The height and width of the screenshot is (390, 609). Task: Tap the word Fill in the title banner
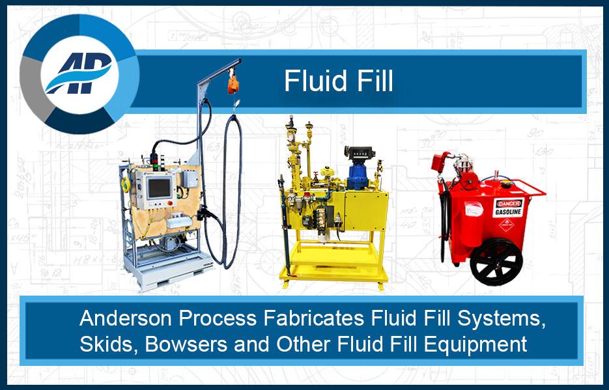pyautogui.click(x=373, y=81)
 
